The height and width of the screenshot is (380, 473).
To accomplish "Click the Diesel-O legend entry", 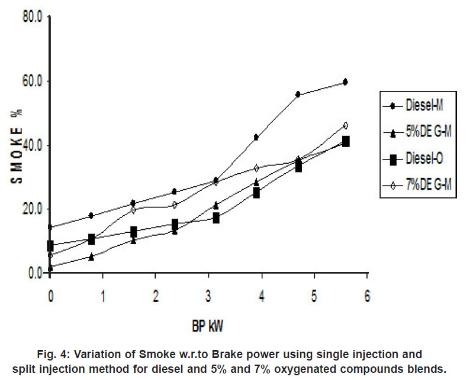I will (421, 159).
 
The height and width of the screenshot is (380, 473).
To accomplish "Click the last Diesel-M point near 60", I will (345, 82).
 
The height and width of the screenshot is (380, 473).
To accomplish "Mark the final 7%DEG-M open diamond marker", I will (345, 125).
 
